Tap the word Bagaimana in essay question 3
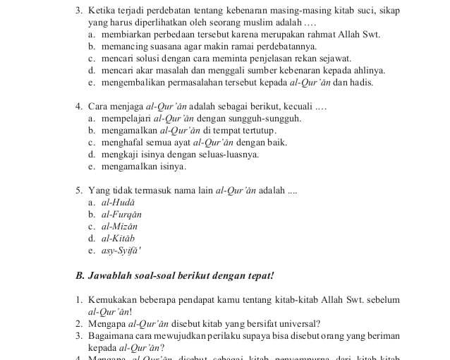112,335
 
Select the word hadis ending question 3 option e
362,83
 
